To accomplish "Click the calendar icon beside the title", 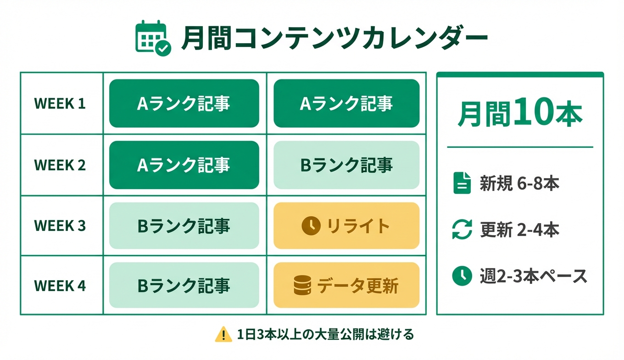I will (153, 38).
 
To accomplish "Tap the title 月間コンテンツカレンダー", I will (334, 38).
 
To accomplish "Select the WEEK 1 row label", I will (60, 103).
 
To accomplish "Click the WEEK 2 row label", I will (60, 165).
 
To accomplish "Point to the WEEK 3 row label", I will (60, 226).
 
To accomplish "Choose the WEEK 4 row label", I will (60, 286).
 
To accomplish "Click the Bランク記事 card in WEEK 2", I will (346, 165).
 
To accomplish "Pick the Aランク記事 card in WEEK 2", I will (184, 165).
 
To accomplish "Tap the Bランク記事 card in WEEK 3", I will (184, 226).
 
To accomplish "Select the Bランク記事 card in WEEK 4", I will (184, 286).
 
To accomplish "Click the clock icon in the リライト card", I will (311, 226).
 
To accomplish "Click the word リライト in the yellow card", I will (358, 226).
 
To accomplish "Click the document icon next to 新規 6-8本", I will (462, 183).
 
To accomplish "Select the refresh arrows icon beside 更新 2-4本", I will (462, 230).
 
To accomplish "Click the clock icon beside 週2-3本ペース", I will (462, 276).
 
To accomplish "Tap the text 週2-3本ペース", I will (534, 276).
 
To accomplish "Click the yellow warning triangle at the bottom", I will (223, 334).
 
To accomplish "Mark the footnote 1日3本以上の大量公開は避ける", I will (326, 334).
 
